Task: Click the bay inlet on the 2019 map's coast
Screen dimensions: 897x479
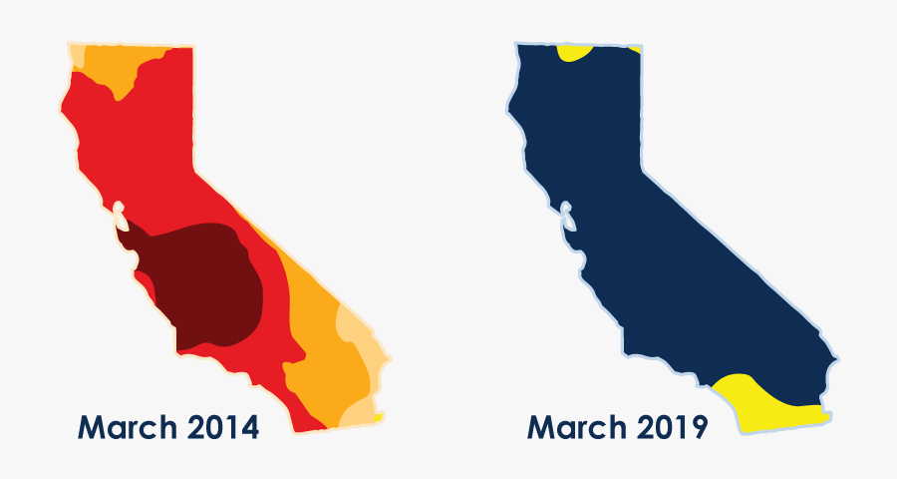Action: point(566,216)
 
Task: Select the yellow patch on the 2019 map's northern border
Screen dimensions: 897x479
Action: point(574,52)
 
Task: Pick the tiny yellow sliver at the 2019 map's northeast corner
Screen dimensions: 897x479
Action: point(635,49)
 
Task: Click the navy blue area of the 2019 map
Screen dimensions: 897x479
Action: point(658,230)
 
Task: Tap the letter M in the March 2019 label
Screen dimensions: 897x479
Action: point(539,428)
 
